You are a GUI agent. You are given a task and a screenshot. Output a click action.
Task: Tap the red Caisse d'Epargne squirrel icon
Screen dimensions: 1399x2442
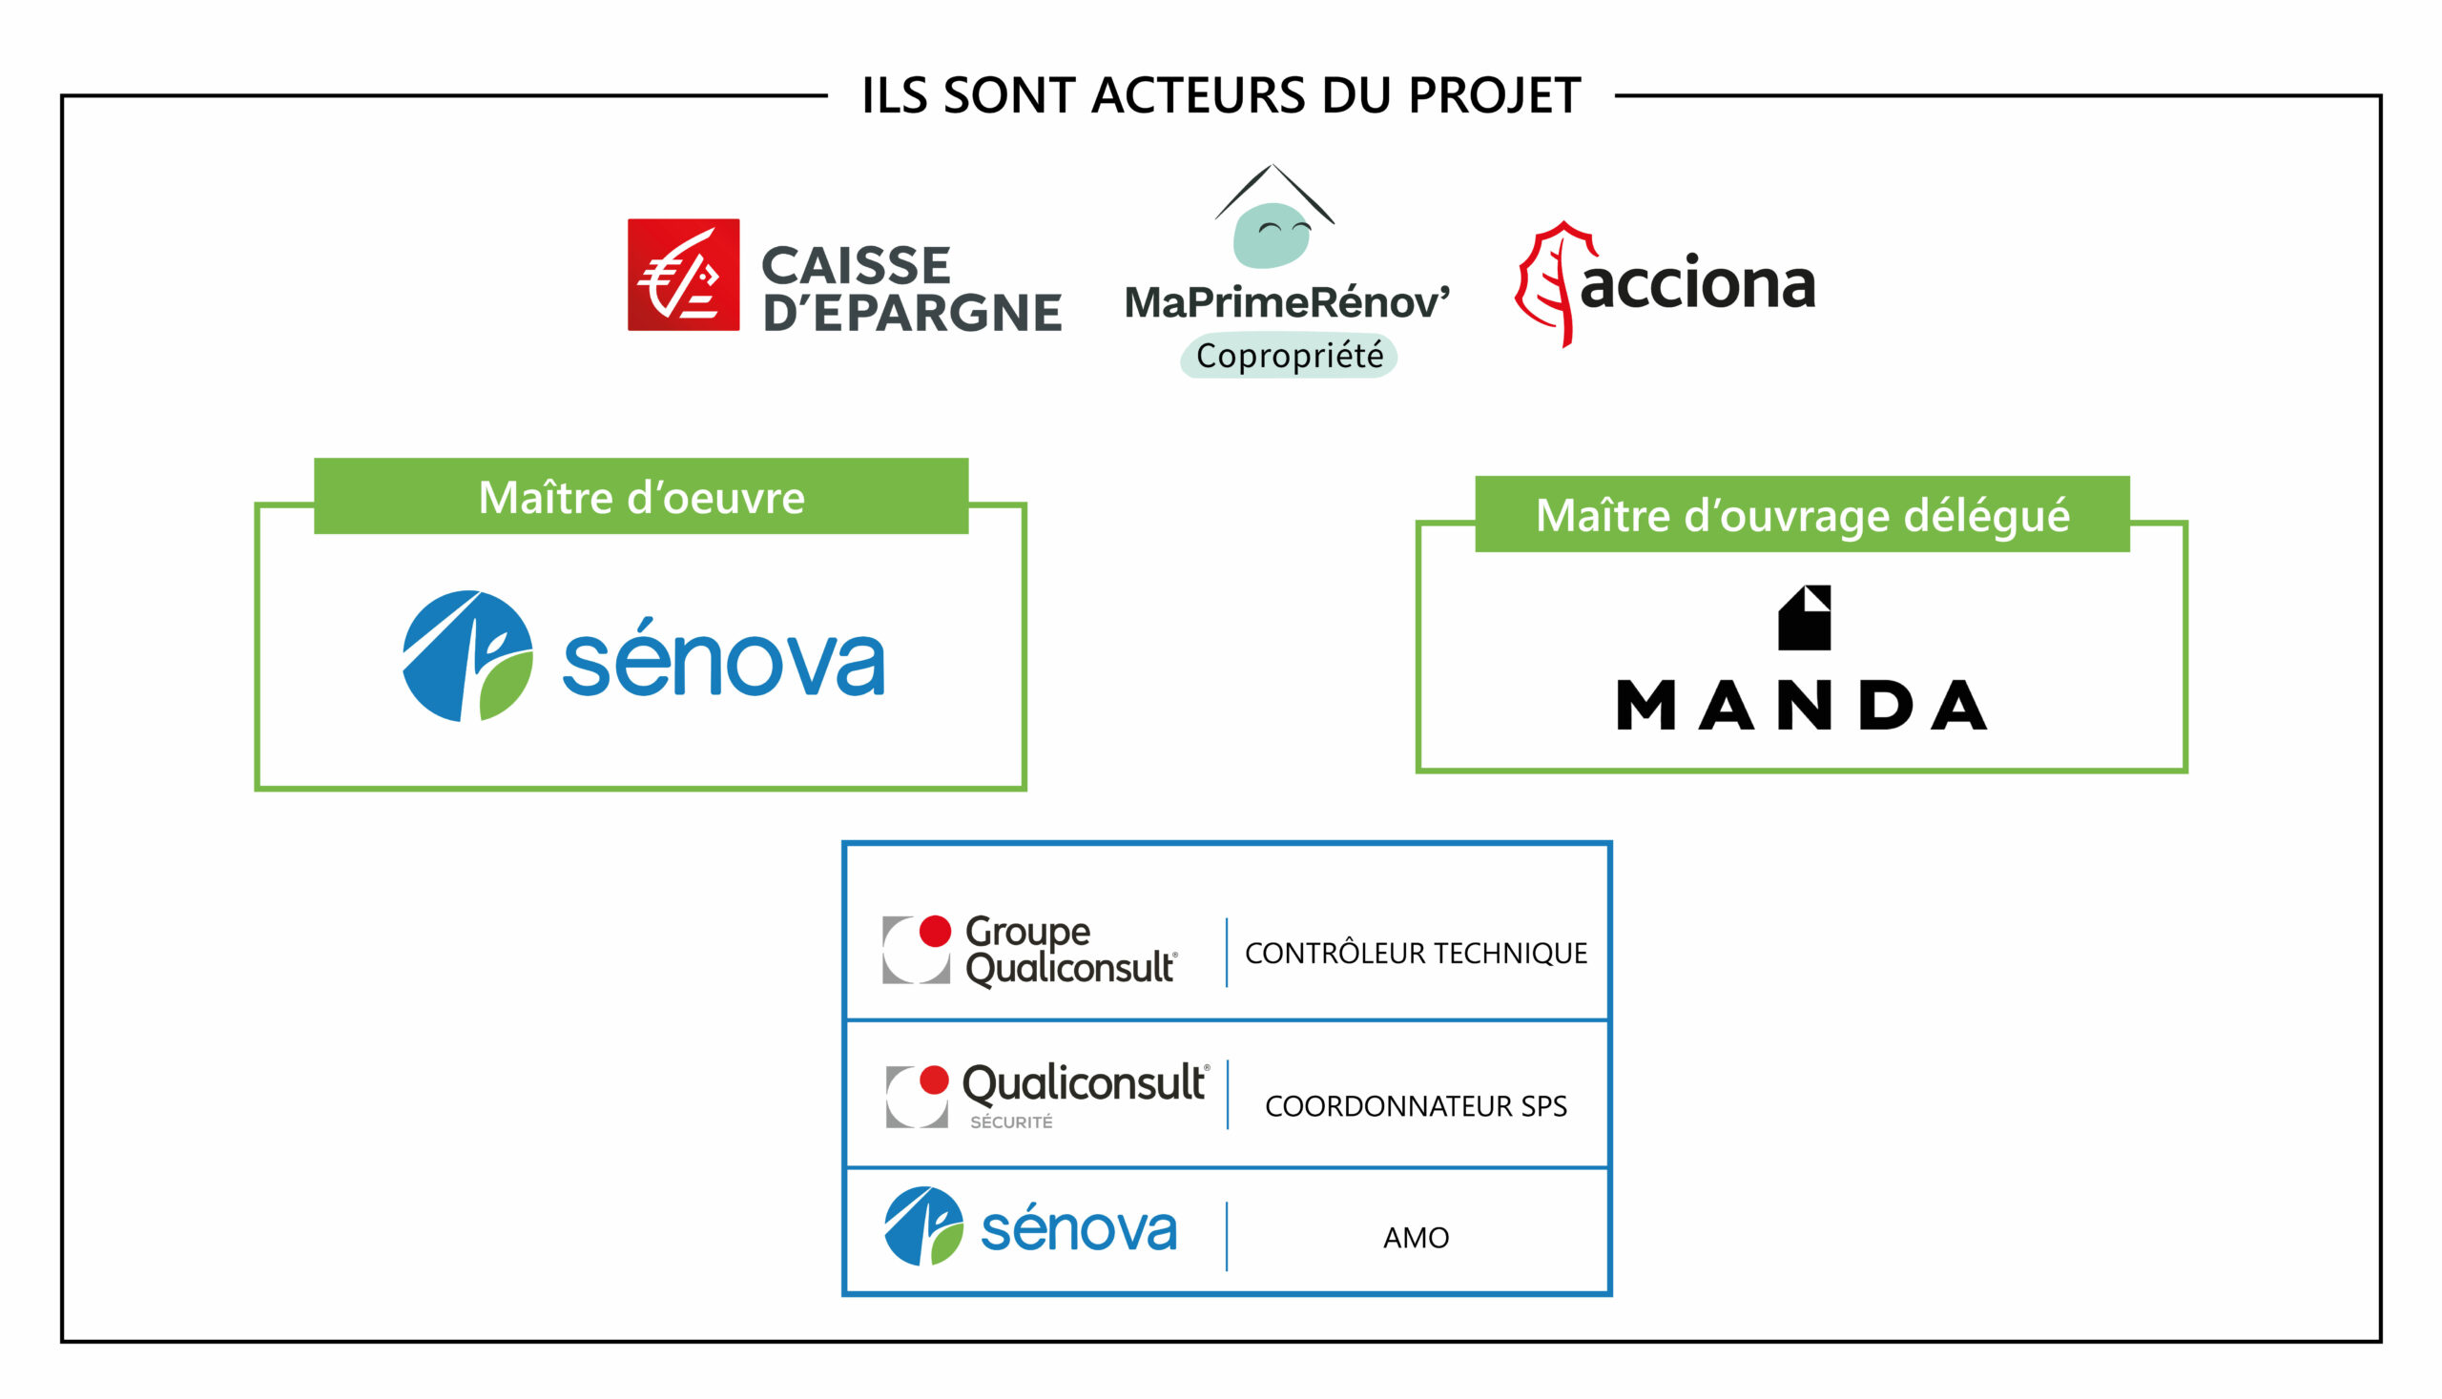pyautogui.click(x=683, y=275)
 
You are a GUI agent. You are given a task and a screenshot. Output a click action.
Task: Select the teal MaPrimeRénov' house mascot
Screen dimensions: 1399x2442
pyautogui.click(x=1273, y=235)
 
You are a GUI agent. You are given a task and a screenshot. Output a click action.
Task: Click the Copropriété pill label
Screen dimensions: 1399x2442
pyautogui.click(x=1289, y=357)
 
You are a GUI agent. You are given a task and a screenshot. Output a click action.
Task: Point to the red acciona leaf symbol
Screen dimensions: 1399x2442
pyautogui.click(x=1549, y=284)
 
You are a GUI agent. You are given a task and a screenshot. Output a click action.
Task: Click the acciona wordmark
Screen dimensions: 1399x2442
pyautogui.click(x=1697, y=284)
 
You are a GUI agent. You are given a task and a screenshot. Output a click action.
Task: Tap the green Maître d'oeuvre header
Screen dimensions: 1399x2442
pyautogui.click(x=641, y=497)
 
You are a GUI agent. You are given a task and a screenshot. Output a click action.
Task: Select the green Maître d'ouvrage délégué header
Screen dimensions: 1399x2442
pyautogui.click(x=1802, y=515)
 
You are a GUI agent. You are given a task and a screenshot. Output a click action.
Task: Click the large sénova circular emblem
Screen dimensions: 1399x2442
pyautogui.click(x=468, y=656)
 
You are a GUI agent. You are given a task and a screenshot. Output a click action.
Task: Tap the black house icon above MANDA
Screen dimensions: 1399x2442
pyautogui.click(x=1804, y=618)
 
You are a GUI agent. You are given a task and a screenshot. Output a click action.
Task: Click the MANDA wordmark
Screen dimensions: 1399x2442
pyautogui.click(x=1802, y=706)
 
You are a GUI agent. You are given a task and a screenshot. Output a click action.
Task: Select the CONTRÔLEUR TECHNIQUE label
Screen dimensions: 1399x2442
pyautogui.click(x=1416, y=953)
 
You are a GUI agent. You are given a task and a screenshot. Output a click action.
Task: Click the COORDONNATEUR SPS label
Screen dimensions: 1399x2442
pyautogui.click(x=1416, y=1106)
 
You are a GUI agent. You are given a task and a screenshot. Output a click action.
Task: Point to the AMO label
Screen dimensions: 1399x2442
pyautogui.click(x=1416, y=1238)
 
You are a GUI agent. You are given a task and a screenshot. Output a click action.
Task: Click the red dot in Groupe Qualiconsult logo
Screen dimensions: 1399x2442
pyautogui.click(x=935, y=931)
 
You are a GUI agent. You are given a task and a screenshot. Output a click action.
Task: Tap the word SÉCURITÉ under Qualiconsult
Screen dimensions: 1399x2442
pyautogui.click(x=1011, y=1122)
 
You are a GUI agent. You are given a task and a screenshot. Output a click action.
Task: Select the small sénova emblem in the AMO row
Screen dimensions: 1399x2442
pyautogui.click(x=923, y=1226)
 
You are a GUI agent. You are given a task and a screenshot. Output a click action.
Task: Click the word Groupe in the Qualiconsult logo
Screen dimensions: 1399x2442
pyautogui.click(x=1027, y=932)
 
